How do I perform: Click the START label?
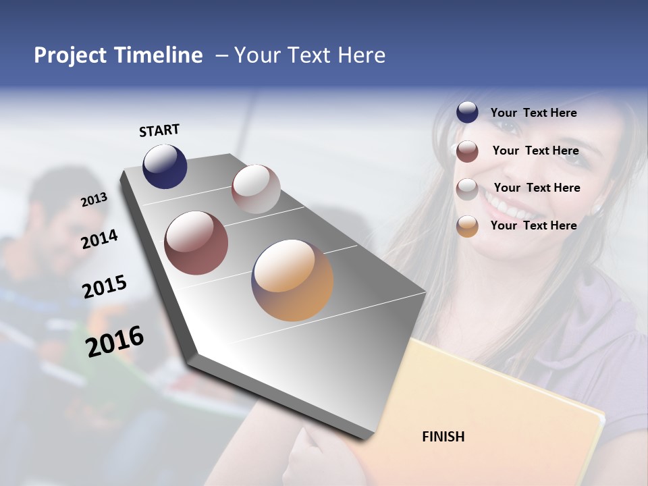point(159,130)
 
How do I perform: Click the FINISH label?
point(443,437)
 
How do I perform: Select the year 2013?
point(94,200)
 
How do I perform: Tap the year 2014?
point(99,239)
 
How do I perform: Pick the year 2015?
point(105,287)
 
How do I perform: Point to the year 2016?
point(115,341)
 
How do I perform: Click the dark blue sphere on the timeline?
point(165,167)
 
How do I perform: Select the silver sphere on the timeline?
point(256,189)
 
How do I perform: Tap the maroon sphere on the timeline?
point(196,243)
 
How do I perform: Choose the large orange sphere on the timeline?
point(292,280)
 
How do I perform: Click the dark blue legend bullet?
point(467,113)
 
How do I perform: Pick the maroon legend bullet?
point(467,151)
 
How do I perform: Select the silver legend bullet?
point(467,188)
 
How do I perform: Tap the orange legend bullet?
point(467,226)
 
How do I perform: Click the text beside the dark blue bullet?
point(533,113)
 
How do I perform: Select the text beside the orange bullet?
point(533,225)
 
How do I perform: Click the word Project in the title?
point(70,55)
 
